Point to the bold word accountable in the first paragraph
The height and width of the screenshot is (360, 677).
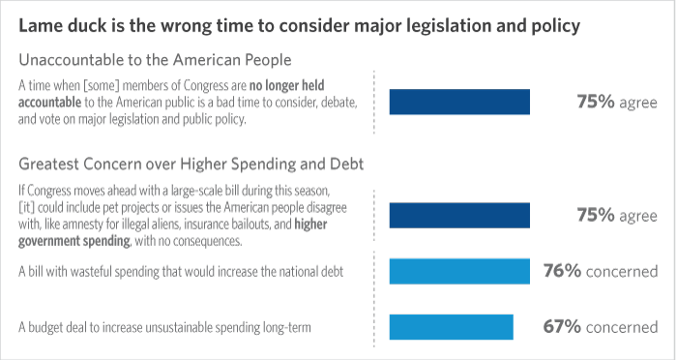(x=49, y=102)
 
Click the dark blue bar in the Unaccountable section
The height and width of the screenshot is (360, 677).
(x=459, y=102)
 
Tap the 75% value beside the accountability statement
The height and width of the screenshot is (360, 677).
(x=596, y=102)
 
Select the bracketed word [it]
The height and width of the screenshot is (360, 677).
(x=26, y=207)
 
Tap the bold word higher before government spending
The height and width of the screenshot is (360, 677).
(x=310, y=225)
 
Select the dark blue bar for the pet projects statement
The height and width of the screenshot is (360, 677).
(x=459, y=215)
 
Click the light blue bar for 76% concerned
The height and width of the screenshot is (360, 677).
(x=459, y=271)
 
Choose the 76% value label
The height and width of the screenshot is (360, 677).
(x=562, y=271)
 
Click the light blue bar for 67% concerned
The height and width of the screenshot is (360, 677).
(x=452, y=327)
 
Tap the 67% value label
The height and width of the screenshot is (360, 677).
(x=562, y=327)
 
